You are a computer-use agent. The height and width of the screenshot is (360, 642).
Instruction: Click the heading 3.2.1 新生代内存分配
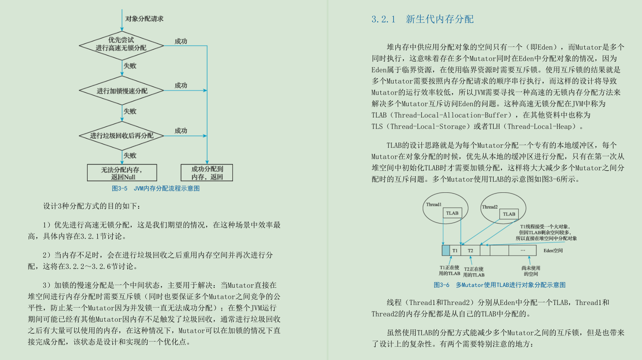point(422,19)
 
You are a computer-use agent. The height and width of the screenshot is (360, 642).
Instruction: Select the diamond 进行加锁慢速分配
point(122,91)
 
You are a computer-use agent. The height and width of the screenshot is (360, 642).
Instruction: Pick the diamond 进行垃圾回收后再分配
point(122,136)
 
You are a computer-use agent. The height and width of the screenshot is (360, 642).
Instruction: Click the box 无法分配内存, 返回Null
point(122,173)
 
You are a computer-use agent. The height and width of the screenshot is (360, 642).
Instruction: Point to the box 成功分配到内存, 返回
point(207,173)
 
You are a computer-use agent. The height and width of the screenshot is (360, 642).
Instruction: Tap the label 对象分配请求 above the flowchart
point(144,19)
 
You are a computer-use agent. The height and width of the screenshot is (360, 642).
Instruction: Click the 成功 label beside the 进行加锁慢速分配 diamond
point(181,85)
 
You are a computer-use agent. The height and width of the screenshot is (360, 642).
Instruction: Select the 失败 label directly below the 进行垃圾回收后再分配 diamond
point(130,156)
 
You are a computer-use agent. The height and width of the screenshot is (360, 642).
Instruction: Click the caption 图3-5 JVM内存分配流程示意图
point(156,188)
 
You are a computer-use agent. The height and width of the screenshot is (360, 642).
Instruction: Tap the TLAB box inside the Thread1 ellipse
point(452,213)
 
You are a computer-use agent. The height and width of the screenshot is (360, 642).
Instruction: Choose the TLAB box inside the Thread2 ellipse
point(509,214)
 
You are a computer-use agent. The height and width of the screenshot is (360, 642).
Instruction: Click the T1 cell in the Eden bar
point(455,251)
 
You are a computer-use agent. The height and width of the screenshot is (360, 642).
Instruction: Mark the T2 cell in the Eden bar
point(470,251)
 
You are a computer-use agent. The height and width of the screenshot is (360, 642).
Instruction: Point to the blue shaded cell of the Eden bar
point(446,251)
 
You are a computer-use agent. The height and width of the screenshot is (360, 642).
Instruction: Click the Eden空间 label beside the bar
point(553,251)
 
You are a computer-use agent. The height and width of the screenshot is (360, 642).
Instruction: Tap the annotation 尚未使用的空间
point(531,271)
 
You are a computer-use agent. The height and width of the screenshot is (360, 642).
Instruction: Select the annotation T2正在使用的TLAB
point(474,272)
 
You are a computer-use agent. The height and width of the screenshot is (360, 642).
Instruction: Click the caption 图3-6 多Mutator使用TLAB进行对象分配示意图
point(499,285)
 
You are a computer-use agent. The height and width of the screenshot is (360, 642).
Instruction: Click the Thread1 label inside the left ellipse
point(434,205)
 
